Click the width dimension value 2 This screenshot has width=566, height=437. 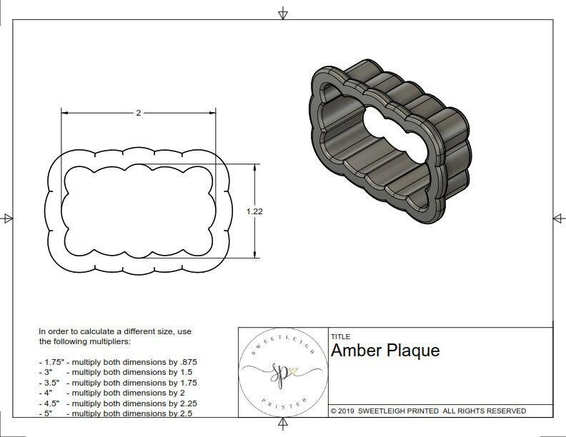138,113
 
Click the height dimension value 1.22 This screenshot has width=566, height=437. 254,211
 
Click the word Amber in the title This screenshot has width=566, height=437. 355,351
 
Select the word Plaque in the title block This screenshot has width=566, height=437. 413,351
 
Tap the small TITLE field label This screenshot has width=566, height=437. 340,336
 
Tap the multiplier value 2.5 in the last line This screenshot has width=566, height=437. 185,413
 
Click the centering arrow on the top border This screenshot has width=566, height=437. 283,14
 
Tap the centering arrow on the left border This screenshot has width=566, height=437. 8,218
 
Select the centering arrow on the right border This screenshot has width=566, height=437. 558,218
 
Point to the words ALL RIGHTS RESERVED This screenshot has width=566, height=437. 484,411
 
